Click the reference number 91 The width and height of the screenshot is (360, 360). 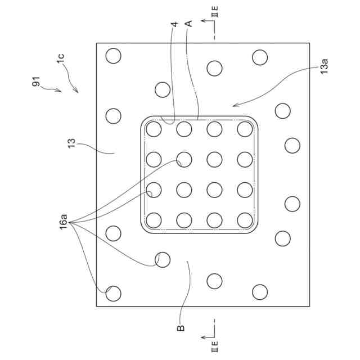tap(37, 83)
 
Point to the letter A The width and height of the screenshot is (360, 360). tap(189, 24)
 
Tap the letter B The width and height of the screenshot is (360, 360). tap(181, 328)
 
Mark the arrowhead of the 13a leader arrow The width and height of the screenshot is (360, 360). tap(235, 105)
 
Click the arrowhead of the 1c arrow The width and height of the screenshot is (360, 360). tap(77, 92)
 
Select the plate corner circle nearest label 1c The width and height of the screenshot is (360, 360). tap(114, 56)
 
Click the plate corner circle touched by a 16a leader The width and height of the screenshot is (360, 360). tap(114, 293)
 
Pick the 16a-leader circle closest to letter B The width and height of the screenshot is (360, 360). tap(163, 259)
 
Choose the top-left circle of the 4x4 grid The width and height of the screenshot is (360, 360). tap(154, 129)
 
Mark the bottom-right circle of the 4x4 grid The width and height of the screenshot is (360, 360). tap(244, 219)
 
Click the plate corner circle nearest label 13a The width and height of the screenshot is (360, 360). tap(259, 57)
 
